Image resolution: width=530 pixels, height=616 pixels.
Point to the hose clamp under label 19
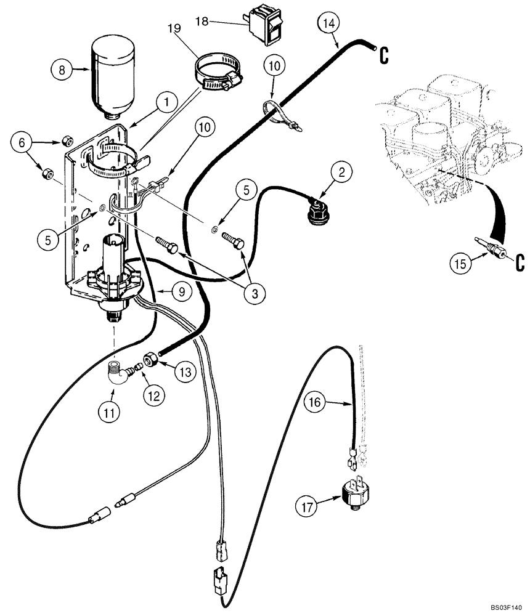pos(215,72)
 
